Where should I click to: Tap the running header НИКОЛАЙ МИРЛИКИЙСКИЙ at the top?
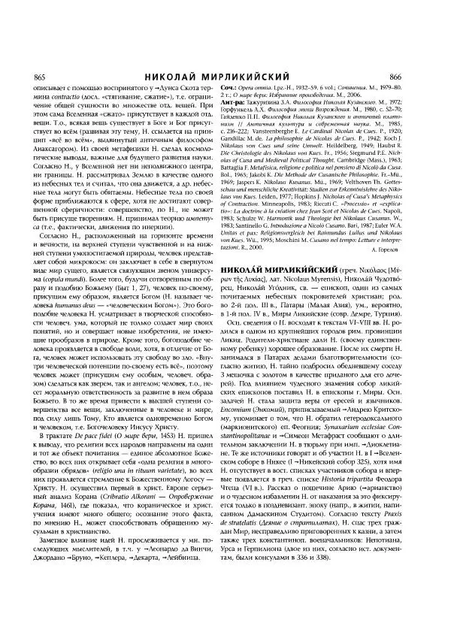pos(225,77)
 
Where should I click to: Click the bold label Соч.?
pos(247,89)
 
